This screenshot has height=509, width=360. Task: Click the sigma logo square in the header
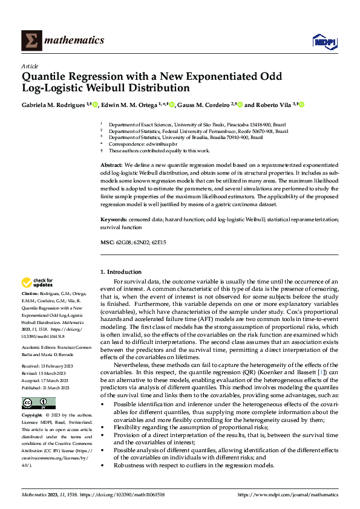(31, 40)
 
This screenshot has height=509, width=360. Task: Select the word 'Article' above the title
(30, 66)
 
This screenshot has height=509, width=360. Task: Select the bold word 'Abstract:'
(111, 164)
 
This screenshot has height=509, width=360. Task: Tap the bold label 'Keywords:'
(114, 221)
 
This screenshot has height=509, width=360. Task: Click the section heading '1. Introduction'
(121, 272)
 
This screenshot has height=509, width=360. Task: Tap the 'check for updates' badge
(38, 282)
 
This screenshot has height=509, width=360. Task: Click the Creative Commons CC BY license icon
(38, 403)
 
